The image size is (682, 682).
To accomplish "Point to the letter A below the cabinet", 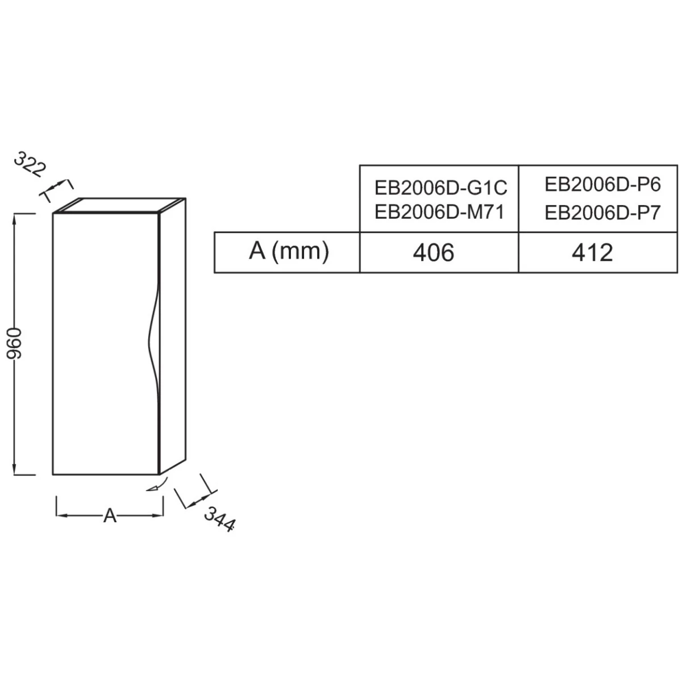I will coord(110,516).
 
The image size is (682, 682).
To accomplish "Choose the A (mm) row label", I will coord(289,251).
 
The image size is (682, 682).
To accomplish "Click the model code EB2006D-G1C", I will coord(440,188).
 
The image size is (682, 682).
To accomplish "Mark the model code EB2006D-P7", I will coord(602,213).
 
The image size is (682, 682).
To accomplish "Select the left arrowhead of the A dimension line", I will coord(60,515).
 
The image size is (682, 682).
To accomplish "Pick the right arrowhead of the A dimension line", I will coord(159,515).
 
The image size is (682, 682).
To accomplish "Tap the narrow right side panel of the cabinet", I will coord(172,341).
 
